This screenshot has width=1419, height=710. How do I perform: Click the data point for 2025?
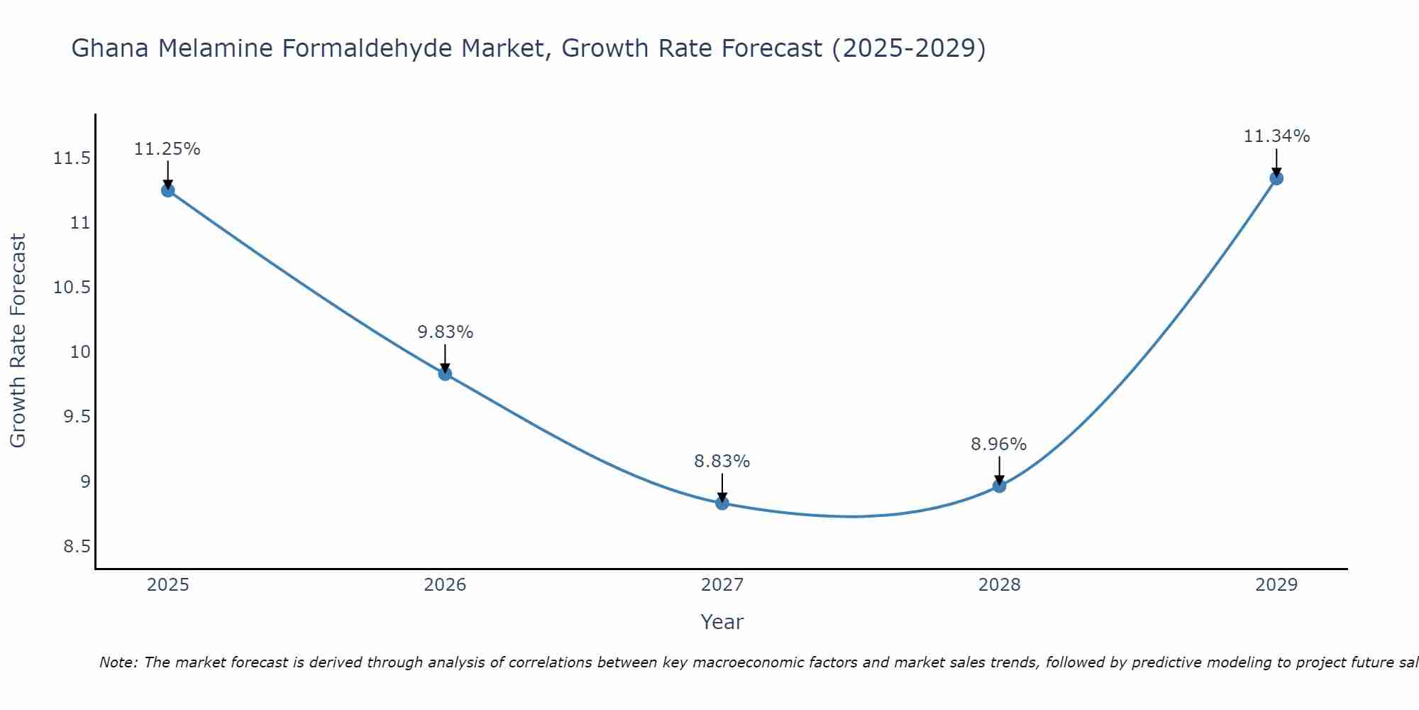point(168,190)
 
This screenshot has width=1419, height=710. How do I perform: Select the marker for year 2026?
point(445,373)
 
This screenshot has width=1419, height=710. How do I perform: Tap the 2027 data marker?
point(722,503)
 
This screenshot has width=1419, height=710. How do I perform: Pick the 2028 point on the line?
point(999,486)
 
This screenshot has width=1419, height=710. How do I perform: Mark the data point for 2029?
point(1276,178)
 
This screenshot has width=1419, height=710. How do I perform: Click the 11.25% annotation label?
point(167,149)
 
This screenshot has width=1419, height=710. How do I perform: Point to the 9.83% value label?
point(445,332)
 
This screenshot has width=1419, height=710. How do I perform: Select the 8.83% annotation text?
point(722,461)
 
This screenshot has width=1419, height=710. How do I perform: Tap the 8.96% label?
point(998,444)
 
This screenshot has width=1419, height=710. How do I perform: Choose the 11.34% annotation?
point(1276,136)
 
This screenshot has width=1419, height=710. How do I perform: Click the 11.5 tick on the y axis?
point(72,158)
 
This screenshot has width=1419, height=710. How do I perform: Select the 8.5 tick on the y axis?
point(77,547)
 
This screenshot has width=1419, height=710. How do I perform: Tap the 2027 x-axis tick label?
point(722,585)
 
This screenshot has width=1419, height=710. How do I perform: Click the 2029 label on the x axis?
point(1276,585)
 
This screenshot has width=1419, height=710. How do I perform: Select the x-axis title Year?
point(722,622)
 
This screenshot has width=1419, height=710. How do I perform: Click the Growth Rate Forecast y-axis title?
point(18,341)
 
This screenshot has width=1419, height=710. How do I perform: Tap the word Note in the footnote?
point(116,662)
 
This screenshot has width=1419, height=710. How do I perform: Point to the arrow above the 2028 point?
point(999,470)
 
